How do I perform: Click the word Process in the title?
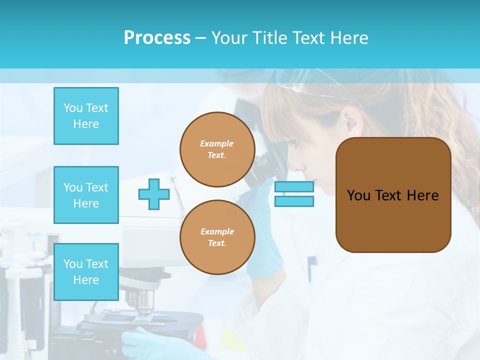click(x=157, y=38)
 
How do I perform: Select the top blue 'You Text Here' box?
click(x=86, y=116)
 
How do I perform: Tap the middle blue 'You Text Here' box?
click(x=86, y=195)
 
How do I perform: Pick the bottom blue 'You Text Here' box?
click(x=86, y=271)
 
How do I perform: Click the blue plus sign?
click(x=154, y=194)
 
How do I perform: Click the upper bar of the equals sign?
click(x=294, y=187)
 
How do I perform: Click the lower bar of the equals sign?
click(x=294, y=201)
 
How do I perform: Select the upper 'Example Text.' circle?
click(x=217, y=149)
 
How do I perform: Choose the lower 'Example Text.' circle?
click(x=217, y=237)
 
